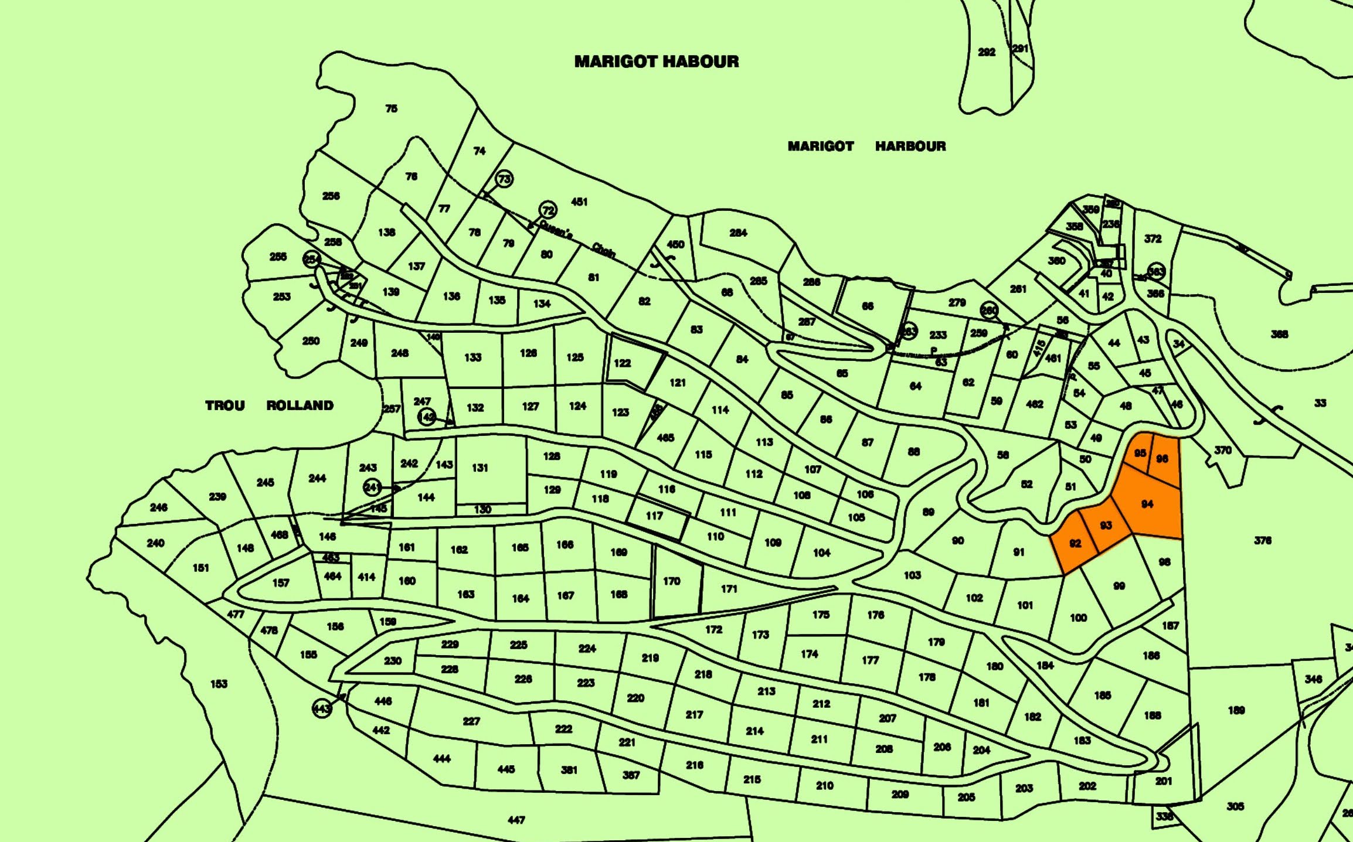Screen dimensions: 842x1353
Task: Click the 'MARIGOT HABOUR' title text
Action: click(657, 62)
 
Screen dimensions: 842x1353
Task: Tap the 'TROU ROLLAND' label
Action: click(269, 405)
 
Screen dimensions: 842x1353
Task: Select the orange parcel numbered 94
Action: click(1147, 504)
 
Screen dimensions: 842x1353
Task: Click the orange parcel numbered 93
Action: click(1106, 526)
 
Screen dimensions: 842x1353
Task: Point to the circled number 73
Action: click(504, 178)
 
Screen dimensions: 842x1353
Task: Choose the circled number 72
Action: click(548, 210)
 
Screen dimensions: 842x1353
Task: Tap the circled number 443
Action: click(322, 709)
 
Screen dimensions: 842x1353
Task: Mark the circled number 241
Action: click(372, 487)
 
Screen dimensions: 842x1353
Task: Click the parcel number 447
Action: click(516, 820)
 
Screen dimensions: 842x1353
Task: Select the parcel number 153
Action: click(219, 684)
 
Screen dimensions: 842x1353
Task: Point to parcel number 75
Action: click(391, 108)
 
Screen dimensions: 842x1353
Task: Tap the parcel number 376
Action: click(1263, 540)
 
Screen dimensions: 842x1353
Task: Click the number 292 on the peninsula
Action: click(987, 52)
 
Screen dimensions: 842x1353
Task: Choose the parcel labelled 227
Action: click(471, 721)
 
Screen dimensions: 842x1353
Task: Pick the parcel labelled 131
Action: click(480, 468)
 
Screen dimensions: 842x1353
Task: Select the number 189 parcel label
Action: click(1236, 710)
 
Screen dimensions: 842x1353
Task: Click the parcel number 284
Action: click(738, 233)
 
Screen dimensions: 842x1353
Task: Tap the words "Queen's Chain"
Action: click(577, 238)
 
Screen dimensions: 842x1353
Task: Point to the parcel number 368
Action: click(1279, 334)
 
